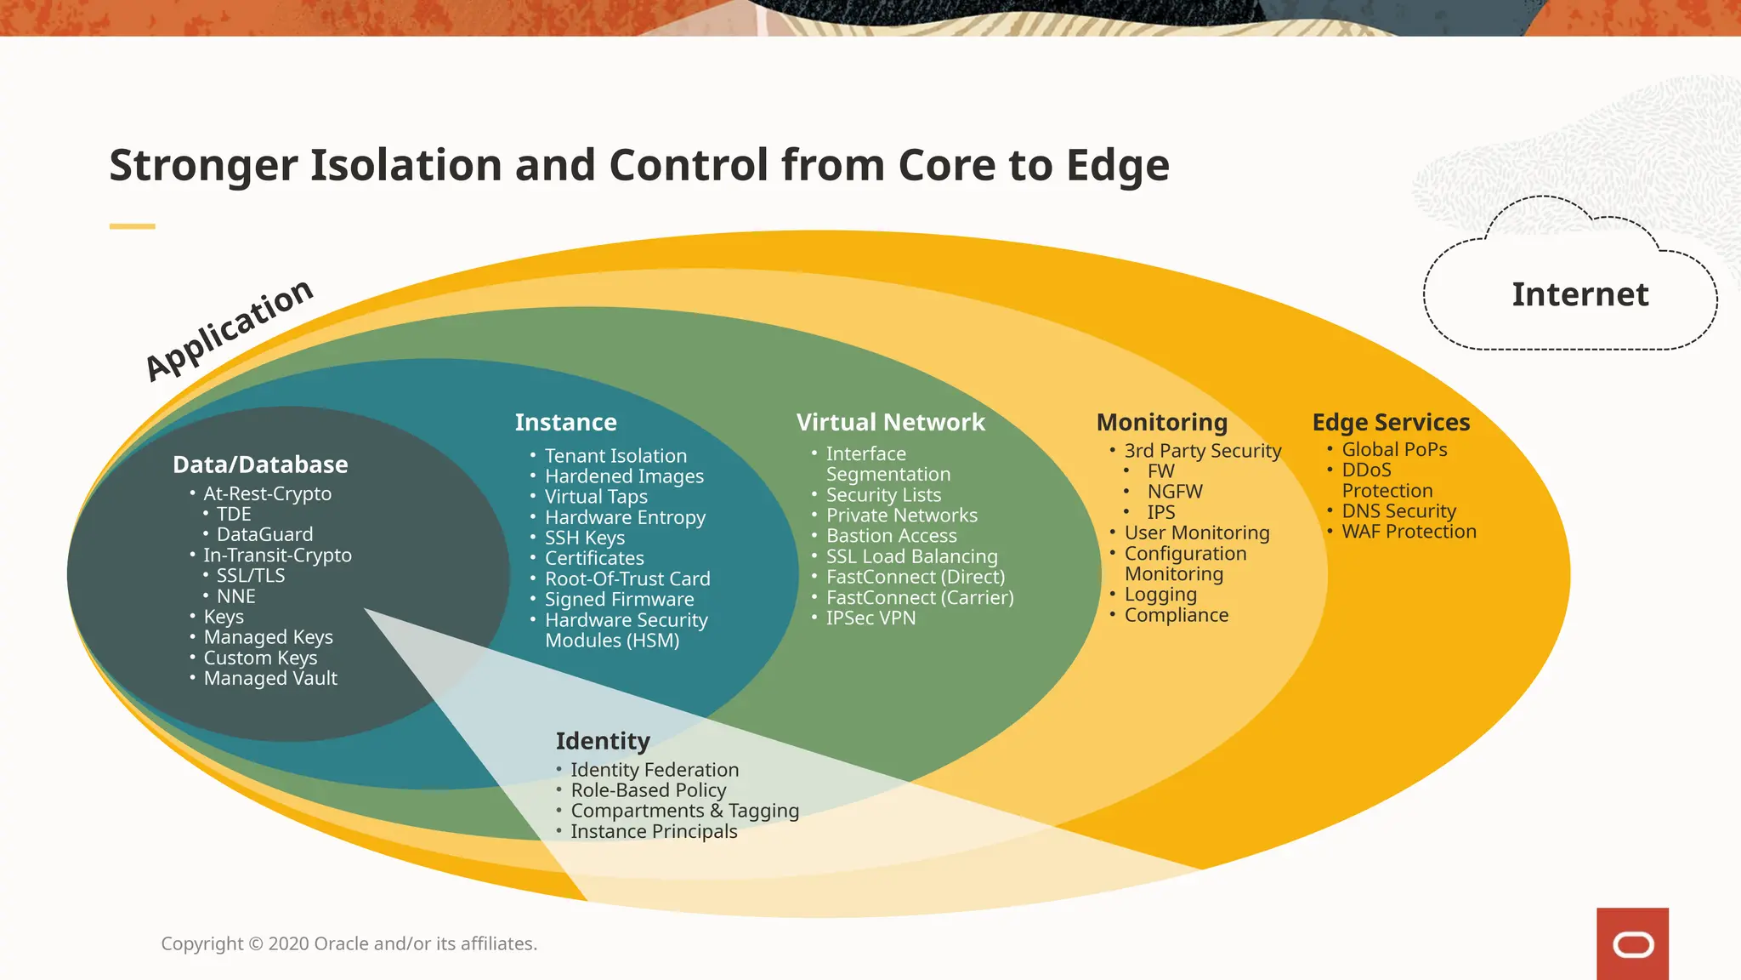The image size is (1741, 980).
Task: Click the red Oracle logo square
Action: pyautogui.click(x=1632, y=943)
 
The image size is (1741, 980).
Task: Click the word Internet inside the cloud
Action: pyautogui.click(x=1579, y=294)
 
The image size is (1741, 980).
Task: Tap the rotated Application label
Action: pyautogui.click(x=230, y=329)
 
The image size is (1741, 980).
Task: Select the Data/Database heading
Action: pyautogui.click(x=260, y=464)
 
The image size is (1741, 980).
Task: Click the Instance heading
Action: pyautogui.click(x=565, y=422)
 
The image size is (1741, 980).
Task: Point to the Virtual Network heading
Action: pyautogui.click(x=890, y=422)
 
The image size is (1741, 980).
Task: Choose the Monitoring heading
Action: pyautogui.click(x=1161, y=422)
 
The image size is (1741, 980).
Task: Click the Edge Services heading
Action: pyautogui.click(x=1391, y=422)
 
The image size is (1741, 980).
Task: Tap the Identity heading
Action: pyautogui.click(x=603, y=741)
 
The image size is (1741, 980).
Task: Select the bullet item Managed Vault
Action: pyautogui.click(x=270, y=678)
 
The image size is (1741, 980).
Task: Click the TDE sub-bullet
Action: pyautogui.click(x=234, y=514)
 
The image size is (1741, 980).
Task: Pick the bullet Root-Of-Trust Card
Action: pyautogui.click(x=627, y=578)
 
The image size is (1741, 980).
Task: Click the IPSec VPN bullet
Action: pyautogui.click(x=870, y=618)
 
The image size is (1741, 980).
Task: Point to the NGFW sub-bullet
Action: pyautogui.click(x=1175, y=492)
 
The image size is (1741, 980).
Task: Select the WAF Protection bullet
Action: pyautogui.click(x=1409, y=532)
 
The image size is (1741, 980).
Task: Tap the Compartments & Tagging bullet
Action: pyautogui.click(x=684, y=811)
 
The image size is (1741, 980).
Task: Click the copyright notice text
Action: pyautogui.click(x=349, y=943)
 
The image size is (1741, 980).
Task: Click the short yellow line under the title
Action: pyautogui.click(x=132, y=226)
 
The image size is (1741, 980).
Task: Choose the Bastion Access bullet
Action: pyautogui.click(x=891, y=536)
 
